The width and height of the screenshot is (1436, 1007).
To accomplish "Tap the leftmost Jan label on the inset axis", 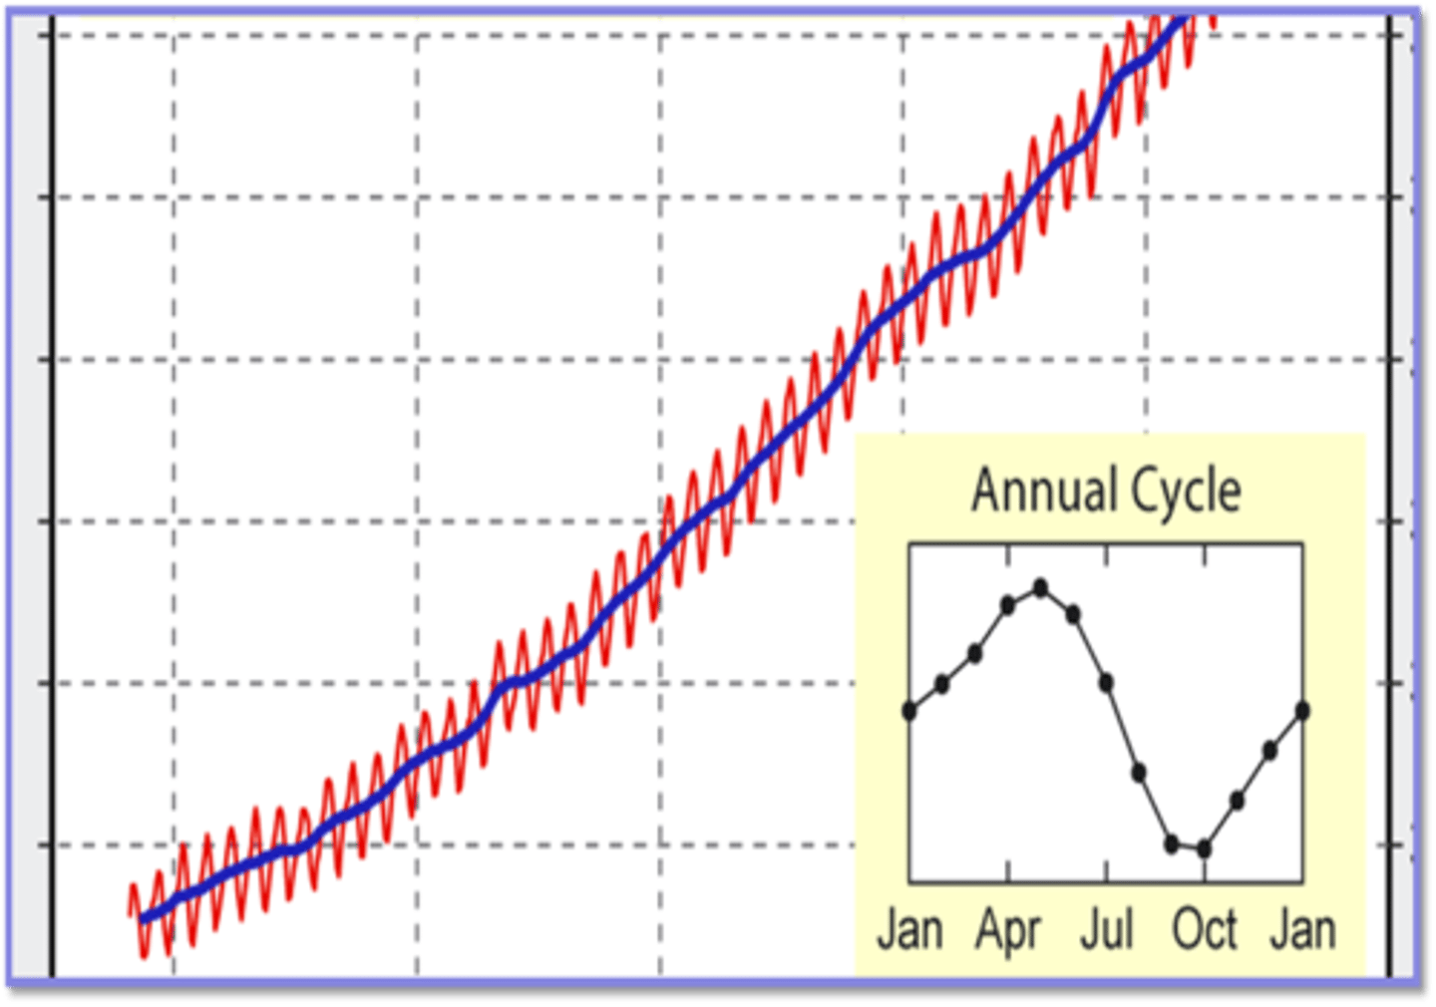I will pyautogui.click(x=909, y=930).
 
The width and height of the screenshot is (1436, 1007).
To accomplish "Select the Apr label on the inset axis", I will pyautogui.click(x=1008, y=930).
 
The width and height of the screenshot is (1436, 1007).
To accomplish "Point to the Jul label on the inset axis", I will pyautogui.click(x=1107, y=930).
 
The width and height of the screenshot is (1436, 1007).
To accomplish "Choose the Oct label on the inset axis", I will pyautogui.click(x=1205, y=930).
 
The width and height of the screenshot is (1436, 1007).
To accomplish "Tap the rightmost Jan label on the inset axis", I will pyautogui.click(x=1302, y=930).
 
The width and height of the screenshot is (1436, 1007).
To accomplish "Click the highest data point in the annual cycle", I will pyautogui.click(x=1040, y=588).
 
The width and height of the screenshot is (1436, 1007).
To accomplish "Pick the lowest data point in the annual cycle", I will pyautogui.click(x=1204, y=849).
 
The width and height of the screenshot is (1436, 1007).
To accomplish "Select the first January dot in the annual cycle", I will pyautogui.click(x=909, y=711).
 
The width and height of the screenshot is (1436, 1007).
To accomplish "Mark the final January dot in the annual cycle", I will pyautogui.click(x=1302, y=711).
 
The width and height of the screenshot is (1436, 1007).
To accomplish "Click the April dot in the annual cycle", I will pyautogui.click(x=1008, y=604).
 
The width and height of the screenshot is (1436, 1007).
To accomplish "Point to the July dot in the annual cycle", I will pyautogui.click(x=1106, y=683).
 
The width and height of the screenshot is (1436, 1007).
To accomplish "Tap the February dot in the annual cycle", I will pyautogui.click(x=941, y=684).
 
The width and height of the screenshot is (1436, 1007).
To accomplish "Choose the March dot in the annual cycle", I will pyautogui.click(x=974, y=654).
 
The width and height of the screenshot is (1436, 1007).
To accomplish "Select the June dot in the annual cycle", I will pyautogui.click(x=1073, y=615).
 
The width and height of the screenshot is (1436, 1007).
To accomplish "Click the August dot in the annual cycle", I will pyautogui.click(x=1139, y=772).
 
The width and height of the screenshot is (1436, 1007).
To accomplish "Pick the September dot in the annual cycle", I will pyautogui.click(x=1172, y=843).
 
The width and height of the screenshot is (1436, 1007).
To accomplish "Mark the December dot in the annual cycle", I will pyautogui.click(x=1269, y=751).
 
